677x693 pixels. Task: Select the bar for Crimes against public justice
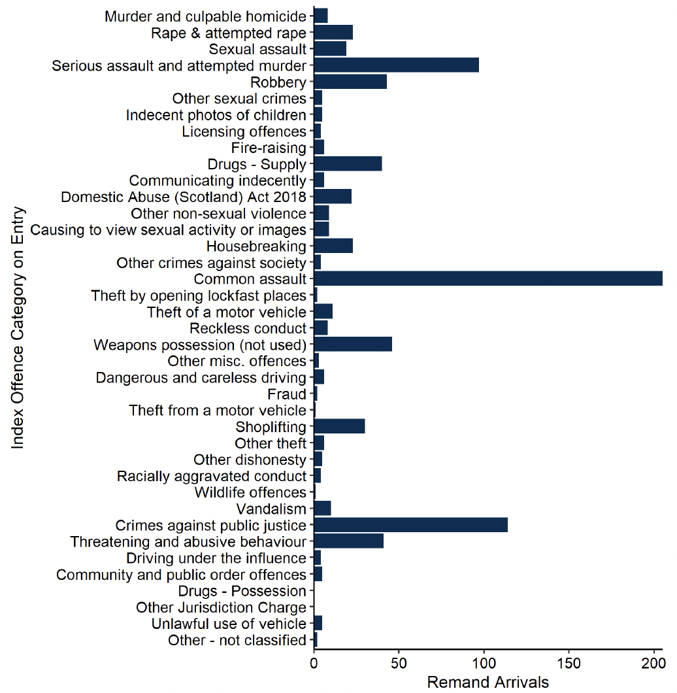[x=410, y=525]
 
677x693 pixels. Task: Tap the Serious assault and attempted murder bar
[x=396, y=65]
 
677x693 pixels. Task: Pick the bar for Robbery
[x=350, y=82]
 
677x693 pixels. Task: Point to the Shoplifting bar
[x=339, y=427]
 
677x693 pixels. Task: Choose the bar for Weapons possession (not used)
[x=353, y=345]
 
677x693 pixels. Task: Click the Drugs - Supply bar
[x=348, y=163]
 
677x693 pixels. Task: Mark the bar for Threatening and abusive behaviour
[x=348, y=541]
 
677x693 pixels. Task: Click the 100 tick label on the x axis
[x=484, y=664]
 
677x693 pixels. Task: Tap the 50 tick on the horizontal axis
[x=399, y=664]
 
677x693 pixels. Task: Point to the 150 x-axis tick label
[x=569, y=664]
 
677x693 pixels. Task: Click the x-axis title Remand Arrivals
[x=487, y=683]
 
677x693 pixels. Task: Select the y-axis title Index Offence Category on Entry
[x=18, y=328]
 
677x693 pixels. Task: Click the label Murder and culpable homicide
[x=205, y=16]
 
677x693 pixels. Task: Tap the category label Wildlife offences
[x=250, y=492]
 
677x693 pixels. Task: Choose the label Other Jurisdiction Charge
[x=221, y=607]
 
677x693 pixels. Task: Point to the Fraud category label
[x=287, y=394]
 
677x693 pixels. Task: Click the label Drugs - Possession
[x=242, y=591]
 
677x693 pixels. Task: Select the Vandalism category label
[x=271, y=509]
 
